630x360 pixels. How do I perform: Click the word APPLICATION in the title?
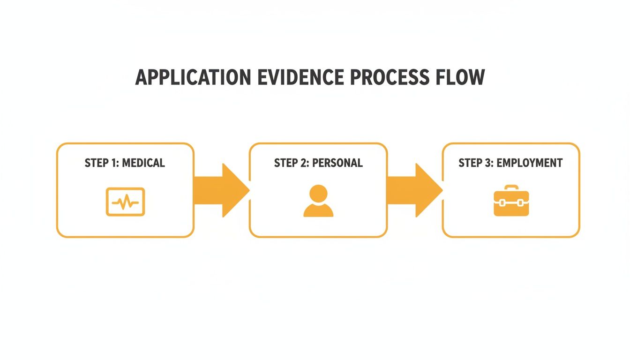(193, 78)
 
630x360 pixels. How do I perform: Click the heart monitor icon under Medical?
(125, 202)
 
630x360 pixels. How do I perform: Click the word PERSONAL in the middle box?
(337, 163)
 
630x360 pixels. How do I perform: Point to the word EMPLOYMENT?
(529, 163)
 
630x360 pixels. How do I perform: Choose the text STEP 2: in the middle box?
(291, 163)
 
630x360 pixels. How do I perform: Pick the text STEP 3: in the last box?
(476, 163)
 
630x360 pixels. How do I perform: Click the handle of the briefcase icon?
(511, 188)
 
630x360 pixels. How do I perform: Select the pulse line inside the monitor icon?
(125, 202)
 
